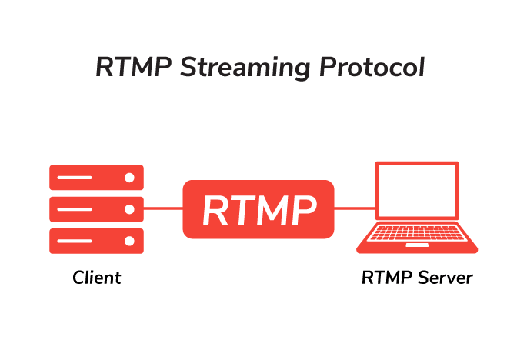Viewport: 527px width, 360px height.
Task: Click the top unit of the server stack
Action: coord(96,178)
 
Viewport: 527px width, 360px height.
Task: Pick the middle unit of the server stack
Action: coord(96,208)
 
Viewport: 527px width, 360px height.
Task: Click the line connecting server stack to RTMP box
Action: coord(163,208)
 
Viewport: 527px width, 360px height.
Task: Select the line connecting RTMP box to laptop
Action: coord(353,208)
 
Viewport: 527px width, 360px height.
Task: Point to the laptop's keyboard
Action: coord(417,234)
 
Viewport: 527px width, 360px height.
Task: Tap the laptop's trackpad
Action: coord(417,245)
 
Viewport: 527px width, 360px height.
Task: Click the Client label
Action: coord(97,278)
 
